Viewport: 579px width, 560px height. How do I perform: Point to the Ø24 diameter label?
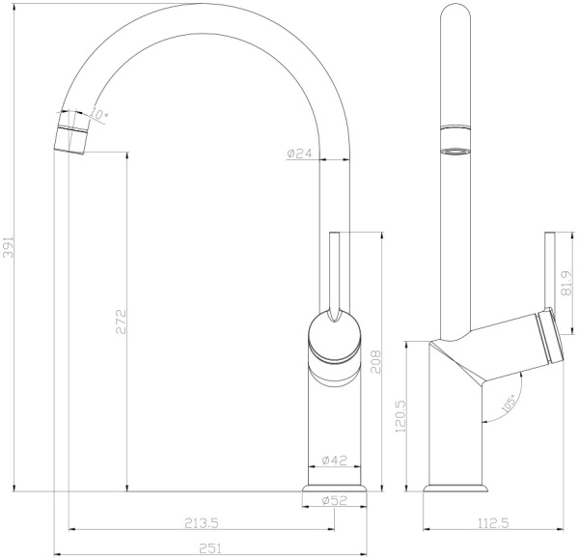301,153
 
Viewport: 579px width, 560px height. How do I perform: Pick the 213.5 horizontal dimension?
204,523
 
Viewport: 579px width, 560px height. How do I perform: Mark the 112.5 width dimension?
493,523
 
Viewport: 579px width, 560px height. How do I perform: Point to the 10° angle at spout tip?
101,114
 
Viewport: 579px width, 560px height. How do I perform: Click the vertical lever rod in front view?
334,270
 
